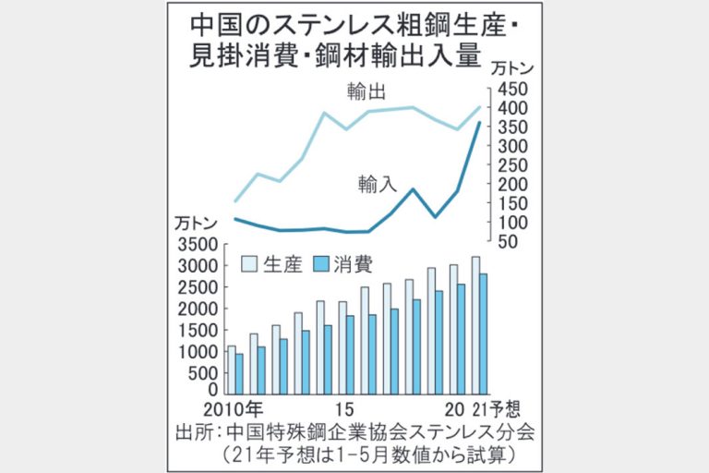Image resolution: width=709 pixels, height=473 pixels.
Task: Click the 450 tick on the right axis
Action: click(512, 90)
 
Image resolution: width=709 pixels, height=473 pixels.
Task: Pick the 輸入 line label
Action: click(378, 183)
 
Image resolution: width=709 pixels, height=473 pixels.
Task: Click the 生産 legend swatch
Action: click(249, 264)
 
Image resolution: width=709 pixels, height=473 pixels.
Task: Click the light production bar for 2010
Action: click(231, 370)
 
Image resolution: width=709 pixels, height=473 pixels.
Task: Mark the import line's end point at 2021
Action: click(479, 124)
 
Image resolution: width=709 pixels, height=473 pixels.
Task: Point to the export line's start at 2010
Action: click(234, 200)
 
